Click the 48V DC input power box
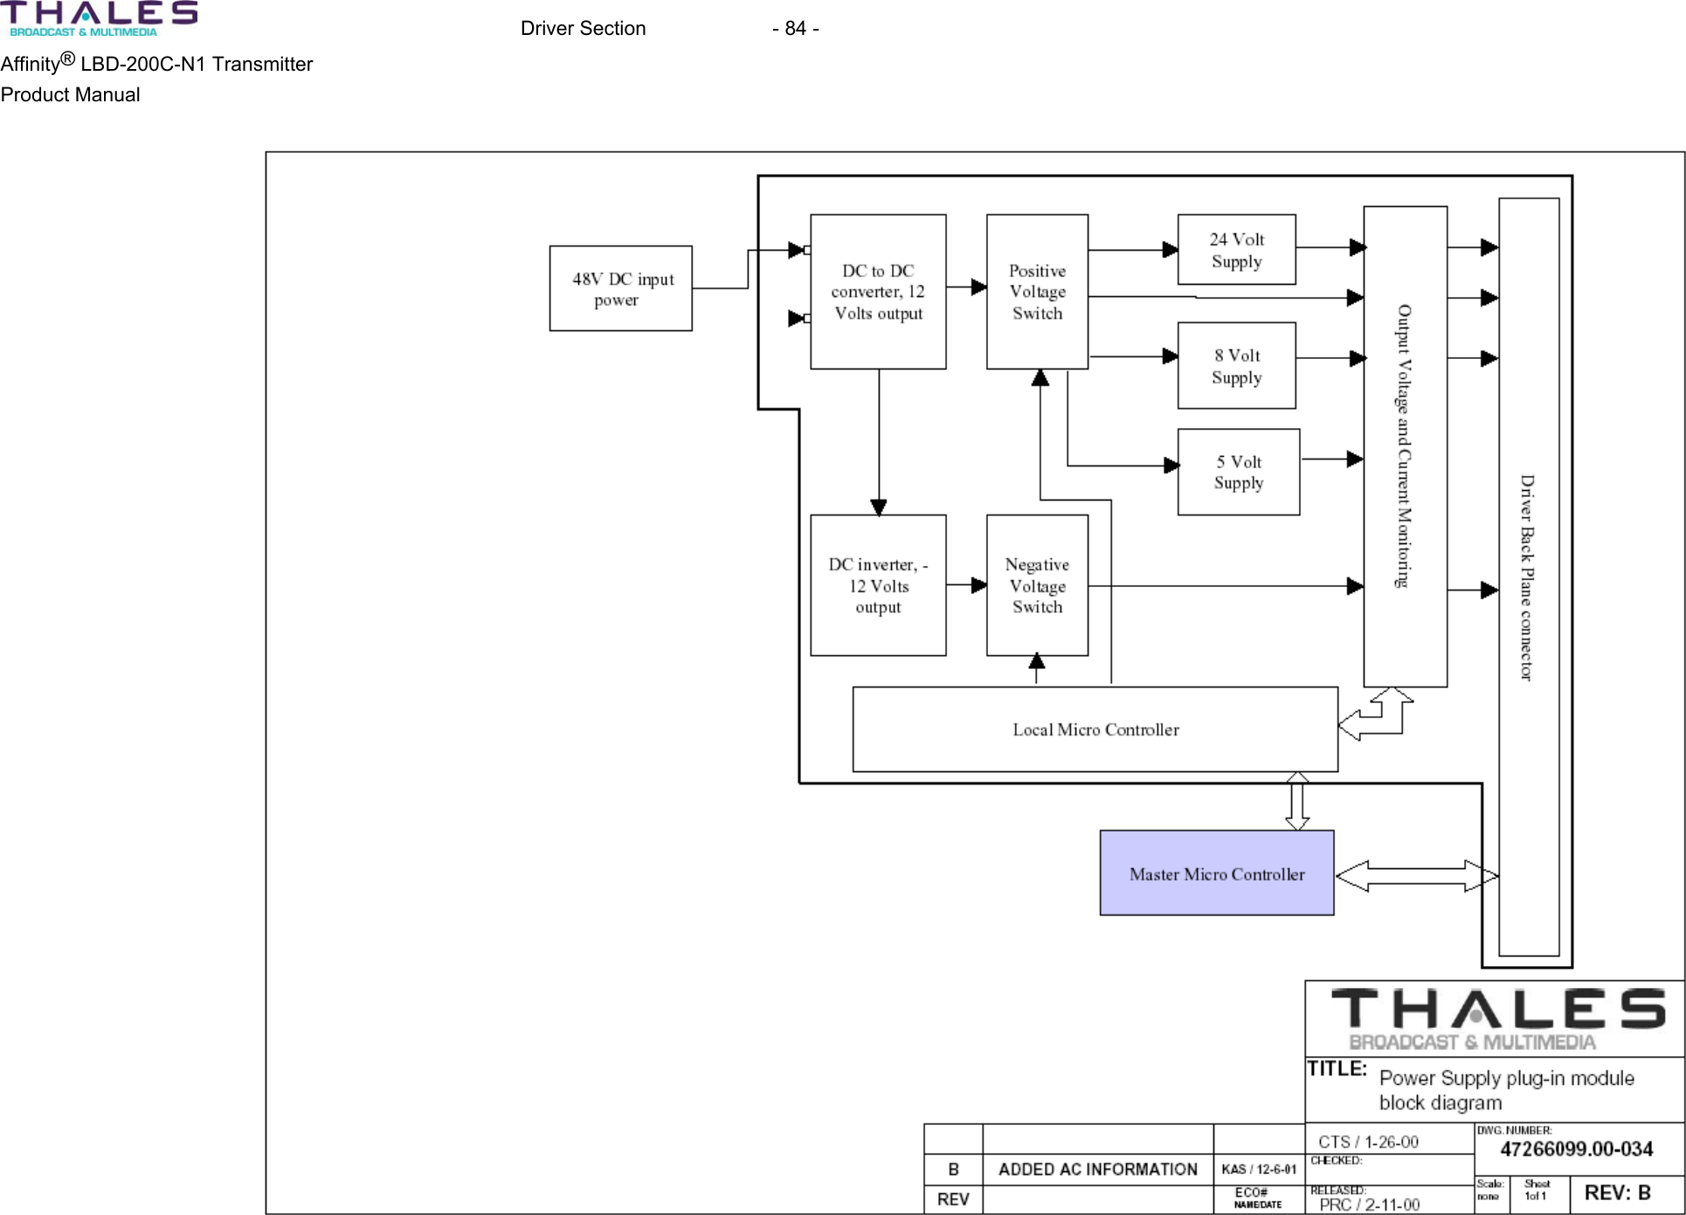620,288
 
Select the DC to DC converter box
878,292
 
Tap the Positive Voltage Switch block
1037,292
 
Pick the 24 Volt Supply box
1236,250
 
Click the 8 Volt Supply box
1236,366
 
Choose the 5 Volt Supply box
1238,472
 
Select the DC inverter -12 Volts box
878,585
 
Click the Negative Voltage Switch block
1037,585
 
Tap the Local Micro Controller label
1095,729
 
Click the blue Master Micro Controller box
1216,873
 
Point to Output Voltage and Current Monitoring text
1404,445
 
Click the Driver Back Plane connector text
1527,576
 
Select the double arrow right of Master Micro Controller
1416,875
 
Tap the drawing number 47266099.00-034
1576,1149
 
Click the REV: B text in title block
1617,1193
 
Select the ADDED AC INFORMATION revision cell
1097,1170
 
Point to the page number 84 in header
795,29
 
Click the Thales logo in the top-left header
98,18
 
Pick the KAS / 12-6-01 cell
1259,1170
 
